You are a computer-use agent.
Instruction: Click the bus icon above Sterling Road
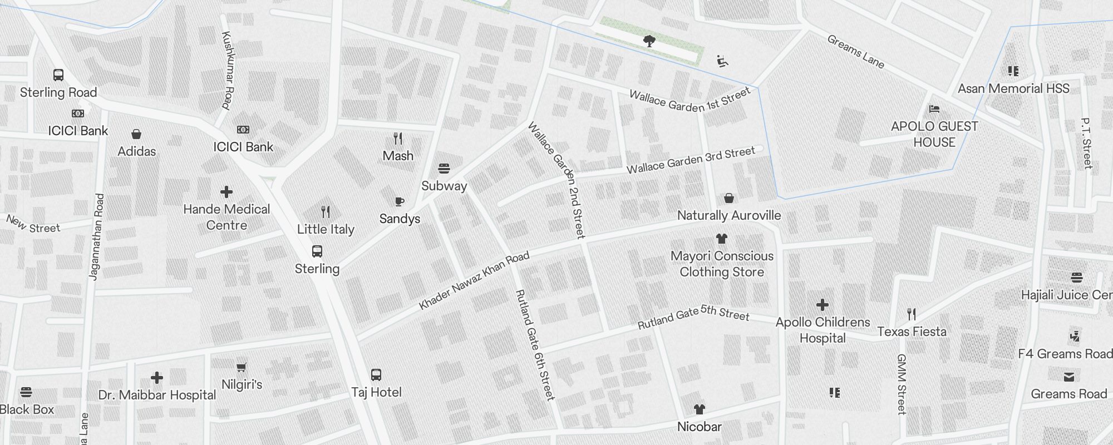tap(58, 75)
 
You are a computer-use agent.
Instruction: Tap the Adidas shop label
tap(137, 151)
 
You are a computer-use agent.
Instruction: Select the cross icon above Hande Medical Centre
tap(226, 192)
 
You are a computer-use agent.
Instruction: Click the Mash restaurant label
tap(398, 156)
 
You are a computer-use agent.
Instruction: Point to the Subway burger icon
tap(444, 168)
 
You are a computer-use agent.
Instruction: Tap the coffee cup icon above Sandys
tap(399, 201)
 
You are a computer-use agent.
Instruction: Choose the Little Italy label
tap(326, 229)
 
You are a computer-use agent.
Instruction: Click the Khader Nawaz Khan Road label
tap(474, 281)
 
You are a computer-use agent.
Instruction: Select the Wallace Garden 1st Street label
tap(690, 101)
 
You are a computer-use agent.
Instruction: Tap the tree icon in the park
tap(649, 41)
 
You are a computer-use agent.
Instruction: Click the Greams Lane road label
tap(855, 52)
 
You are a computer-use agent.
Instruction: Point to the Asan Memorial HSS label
tap(1013, 88)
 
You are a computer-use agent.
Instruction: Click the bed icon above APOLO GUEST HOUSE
tap(934, 109)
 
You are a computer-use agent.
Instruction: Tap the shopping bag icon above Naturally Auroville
tap(729, 198)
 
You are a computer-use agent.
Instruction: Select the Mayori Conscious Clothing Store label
tap(722, 264)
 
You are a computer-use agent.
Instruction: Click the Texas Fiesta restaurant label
tap(912, 332)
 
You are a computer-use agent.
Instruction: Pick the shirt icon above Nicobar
tap(700, 409)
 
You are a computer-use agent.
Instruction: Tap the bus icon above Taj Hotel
tap(376, 375)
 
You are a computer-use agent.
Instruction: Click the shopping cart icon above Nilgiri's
tap(242, 367)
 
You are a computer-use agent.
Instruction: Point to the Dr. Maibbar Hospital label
tap(157, 395)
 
